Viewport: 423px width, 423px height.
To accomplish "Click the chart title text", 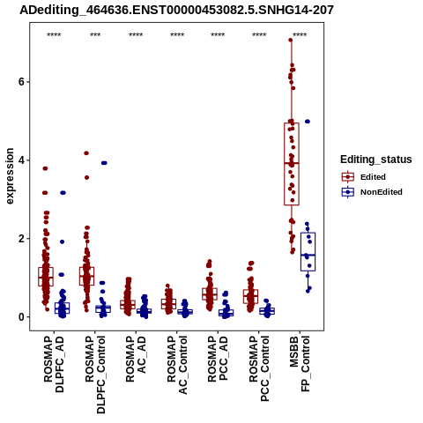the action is click(x=176, y=10).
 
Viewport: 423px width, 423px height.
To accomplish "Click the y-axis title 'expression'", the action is click(x=10, y=176).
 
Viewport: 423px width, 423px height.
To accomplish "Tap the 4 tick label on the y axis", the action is click(x=21, y=160).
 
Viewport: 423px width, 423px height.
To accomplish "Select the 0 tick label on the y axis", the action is click(x=21, y=317).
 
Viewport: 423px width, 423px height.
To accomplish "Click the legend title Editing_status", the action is click(x=376, y=160).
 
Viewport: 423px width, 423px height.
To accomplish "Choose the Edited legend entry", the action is click(x=364, y=177).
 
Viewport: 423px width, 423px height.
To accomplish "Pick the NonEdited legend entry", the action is click(x=372, y=192).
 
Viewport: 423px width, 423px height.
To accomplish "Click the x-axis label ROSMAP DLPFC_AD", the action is click(x=54, y=364).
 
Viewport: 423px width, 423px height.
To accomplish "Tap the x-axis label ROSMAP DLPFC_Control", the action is click(x=95, y=375).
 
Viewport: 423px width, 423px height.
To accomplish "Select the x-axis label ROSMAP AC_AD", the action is click(x=136, y=359).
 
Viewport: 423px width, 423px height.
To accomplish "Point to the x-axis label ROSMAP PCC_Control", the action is click(x=259, y=368).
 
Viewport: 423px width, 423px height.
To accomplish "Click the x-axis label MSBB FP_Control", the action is click(x=300, y=364).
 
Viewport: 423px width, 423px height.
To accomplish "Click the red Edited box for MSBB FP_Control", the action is click(x=292, y=164).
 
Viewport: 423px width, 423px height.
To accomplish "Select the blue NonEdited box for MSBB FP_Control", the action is click(x=308, y=252).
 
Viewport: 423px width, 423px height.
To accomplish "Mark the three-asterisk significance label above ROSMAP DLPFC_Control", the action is click(x=95, y=34).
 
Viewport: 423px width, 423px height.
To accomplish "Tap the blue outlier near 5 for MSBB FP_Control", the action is click(x=308, y=122).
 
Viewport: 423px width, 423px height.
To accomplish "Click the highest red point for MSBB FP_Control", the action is click(x=291, y=40).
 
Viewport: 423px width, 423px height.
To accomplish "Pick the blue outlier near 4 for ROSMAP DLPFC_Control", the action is click(x=104, y=163).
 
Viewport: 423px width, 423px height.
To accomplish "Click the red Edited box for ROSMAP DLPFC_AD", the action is click(x=46, y=277).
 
